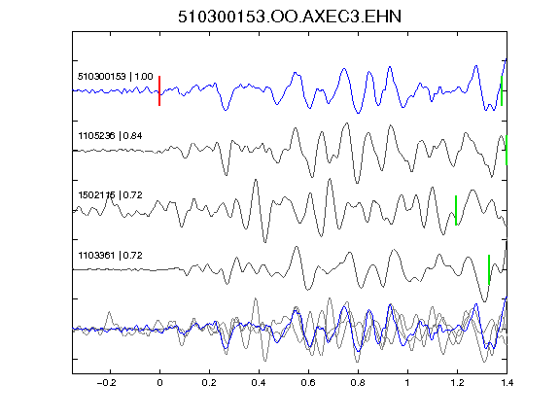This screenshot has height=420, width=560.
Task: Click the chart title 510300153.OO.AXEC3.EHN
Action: (290, 17)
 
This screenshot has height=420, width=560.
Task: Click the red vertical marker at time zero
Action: (159, 90)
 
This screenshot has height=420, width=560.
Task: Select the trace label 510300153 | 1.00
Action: (116, 77)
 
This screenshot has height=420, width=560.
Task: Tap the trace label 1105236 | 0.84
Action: (110, 136)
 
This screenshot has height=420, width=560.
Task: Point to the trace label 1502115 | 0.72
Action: (110, 195)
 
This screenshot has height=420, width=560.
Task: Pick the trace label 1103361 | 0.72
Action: (110, 256)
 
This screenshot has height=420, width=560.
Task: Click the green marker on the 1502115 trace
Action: (456, 210)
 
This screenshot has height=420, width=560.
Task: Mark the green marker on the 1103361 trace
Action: (489, 269)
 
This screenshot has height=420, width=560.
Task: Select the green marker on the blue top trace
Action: (502, 90)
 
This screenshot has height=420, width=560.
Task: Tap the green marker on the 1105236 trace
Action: (507, 150)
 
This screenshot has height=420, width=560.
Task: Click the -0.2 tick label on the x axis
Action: (106, 383)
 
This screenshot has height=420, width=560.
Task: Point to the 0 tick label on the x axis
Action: (159, 383)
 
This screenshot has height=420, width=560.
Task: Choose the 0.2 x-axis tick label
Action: (209, 383)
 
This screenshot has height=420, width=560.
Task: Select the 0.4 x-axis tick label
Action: (259, 383)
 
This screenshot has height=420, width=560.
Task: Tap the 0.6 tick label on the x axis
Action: (308, 383)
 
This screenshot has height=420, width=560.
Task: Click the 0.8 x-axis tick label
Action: (358, 383)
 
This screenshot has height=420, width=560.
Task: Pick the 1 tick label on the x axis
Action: (407, 383)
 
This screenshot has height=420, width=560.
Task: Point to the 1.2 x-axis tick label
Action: (457, 383)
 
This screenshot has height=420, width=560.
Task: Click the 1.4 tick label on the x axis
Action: (507, 383)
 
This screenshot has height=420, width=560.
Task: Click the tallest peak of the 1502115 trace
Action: (330, 179)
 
